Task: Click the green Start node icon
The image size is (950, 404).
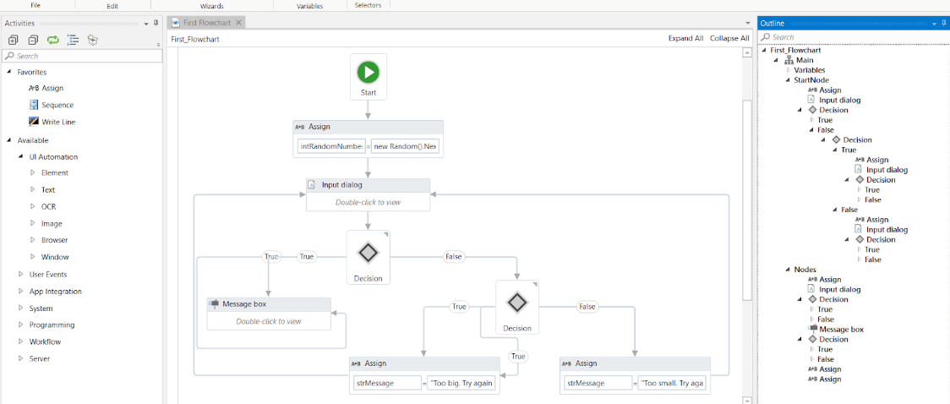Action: pyautogui.click(x=368, y=72)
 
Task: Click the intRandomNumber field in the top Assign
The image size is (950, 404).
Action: pyautogui.click(x=331, y=146)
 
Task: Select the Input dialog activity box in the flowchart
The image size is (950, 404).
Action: pyautogui.click(x=368, y=194)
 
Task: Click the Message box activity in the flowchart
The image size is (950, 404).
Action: pyautogui.click(x=269, y=313)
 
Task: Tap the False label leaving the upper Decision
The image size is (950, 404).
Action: pyautogui.click(x=454, y=256)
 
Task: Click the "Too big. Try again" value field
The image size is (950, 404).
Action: pyautogui.click(x=461, y=383)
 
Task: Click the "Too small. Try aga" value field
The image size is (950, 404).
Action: pyautogui.click(x=672, y=383)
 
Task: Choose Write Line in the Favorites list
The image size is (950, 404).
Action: pyautogui.click(x=58, y=122)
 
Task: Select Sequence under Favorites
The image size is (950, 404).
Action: pyautogui.click(x=57, y=105)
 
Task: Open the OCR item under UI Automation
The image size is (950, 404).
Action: pyautogui.click(x=49, y=206)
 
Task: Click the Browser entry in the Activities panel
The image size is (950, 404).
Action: pyautogui.click(x=55, y=240)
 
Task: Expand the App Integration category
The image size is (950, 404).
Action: pyautogui.click(x=56, y=291)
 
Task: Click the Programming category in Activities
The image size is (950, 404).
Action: pyautogui.click(x=52, y=325)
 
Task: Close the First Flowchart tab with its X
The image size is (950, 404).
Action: pyautogui.click(x=239, y=23)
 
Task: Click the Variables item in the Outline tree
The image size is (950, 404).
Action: pyautogui.click(x=810, y=70)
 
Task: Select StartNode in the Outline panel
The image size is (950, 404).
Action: pyautogui.click(x=811, y=80)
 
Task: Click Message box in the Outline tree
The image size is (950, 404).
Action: pyautogui.click(x=841, y=329)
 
